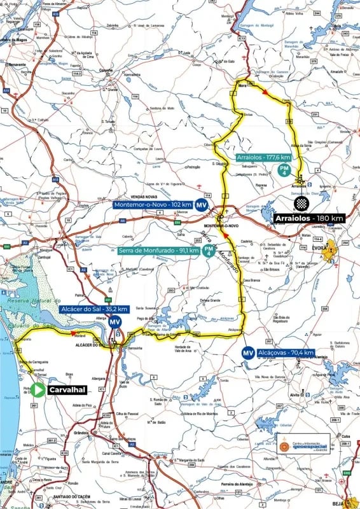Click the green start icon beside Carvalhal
click(38, 389)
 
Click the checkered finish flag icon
click(303, 204)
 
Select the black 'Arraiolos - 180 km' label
click(310, 218)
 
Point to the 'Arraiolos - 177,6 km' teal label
click(263, 157)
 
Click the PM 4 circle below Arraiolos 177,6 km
click(286, 170)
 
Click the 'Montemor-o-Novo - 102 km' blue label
click(153, 205)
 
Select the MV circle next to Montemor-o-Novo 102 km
click(202, 205)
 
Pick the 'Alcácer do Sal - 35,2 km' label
click(94, 309)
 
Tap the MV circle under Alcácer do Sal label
click(114, 322)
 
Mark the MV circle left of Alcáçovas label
click(247, 352)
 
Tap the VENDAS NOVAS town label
click(143, 197)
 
